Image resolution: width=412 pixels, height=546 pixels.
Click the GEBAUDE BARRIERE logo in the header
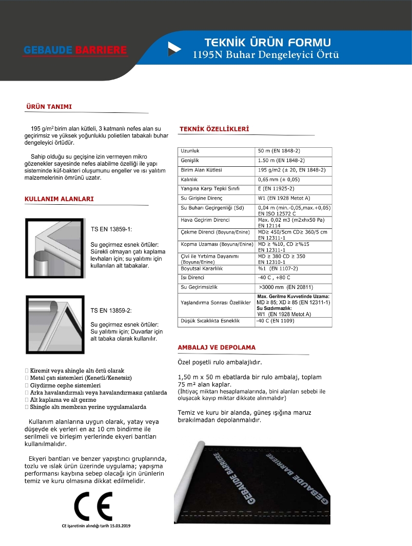76,50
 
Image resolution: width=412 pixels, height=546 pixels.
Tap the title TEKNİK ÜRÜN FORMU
267,43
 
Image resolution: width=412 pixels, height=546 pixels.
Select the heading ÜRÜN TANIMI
49,107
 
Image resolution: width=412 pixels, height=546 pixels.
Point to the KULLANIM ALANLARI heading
59,199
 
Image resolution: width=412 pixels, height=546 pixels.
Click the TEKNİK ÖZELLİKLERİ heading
213,129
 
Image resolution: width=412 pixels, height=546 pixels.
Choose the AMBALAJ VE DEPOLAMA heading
216,347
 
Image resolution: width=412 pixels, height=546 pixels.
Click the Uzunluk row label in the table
190,151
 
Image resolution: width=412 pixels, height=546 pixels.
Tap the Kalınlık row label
189,180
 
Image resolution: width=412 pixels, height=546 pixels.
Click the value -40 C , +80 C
274,278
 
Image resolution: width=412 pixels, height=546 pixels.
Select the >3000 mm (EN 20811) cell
286,287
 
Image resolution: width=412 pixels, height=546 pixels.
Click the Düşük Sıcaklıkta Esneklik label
210,321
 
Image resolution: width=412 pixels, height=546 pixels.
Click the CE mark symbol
93,507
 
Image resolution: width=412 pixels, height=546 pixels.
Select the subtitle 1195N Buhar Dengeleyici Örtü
266,55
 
